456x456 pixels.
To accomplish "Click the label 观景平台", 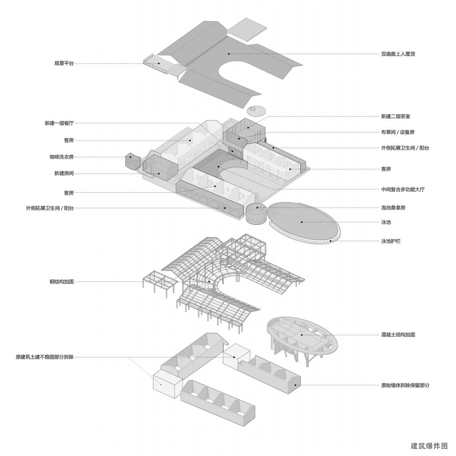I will pyautogui.click(x=64, y=63).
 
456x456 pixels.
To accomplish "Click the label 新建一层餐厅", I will pyautogui.click(x=59, y=124).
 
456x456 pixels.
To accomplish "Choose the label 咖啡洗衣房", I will pyautogui.click(x=61, y=157).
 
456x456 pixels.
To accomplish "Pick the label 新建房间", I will pyautogui.click(x=64, y=173).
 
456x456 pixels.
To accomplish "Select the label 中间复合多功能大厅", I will pyautogui.click(x=403, y=189).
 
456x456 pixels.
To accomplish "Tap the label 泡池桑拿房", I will pyautogui.click(x=393, y=208).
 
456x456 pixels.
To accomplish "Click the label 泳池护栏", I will pyautogui.click(x=391, y=241).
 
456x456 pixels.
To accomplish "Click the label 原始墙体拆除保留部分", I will pyautogui.click(x=405, y=386).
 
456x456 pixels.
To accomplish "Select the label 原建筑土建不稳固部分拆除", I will pyautogui.click(x=45, y=357).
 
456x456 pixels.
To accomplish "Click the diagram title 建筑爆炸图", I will pyautogui.click(x=429, y=446).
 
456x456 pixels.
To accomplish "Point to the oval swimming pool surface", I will pyautogui.click(x=302, y=221).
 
